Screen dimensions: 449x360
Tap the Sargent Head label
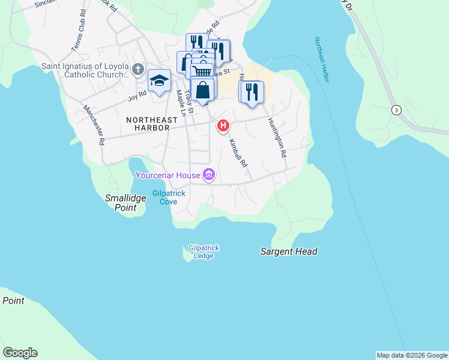pos(289,251)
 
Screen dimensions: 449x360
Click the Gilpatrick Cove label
pos(168,197)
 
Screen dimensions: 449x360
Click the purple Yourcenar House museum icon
pos(209,175)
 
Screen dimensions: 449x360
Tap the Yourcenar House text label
pos(167,176)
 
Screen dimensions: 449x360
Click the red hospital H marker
pos(223,125)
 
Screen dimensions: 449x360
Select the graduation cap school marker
pos(159,80)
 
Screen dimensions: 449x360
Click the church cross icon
pos(137,70)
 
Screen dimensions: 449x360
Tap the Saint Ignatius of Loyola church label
pos(85,71)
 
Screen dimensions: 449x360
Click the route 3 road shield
pos(396,110)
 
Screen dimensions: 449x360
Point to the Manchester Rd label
pos(94,125)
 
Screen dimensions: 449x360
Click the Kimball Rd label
pos(237,153)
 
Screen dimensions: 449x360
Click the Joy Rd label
pos(137,95)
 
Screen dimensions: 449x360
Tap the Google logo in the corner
pos(20,352)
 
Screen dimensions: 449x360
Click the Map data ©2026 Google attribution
pos(412,355)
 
